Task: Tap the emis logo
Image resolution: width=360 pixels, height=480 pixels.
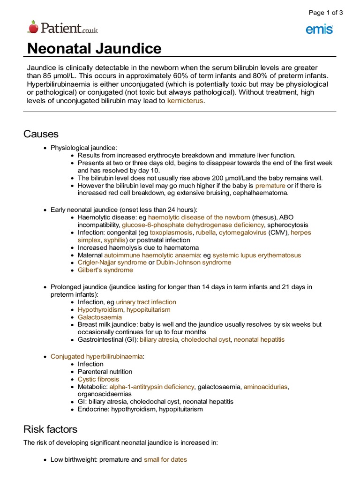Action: [319, 30]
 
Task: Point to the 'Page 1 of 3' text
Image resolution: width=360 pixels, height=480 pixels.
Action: [325, 13]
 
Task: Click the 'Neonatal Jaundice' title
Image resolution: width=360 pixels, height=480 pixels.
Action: [94, 48]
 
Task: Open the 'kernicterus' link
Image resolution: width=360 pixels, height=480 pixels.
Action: [185, 101]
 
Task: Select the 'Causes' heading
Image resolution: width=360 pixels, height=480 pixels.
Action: [41, 134]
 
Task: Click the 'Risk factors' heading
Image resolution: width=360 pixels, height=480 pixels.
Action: [51, 429]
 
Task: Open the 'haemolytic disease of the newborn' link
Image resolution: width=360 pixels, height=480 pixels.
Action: [199, 217]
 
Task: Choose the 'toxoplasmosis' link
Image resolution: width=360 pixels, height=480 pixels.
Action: [171, 232]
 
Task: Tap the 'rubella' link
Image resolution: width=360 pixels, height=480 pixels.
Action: [205, 232]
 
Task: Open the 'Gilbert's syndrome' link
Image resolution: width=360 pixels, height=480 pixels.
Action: [105, 270]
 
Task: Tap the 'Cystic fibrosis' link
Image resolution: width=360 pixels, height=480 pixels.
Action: [98, 379]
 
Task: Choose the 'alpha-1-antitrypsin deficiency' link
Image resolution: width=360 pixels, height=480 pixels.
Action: [151, 387]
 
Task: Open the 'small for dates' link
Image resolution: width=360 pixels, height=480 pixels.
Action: [165, 460]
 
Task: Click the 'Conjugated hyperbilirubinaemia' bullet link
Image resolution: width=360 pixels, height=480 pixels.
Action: [97, 356]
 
